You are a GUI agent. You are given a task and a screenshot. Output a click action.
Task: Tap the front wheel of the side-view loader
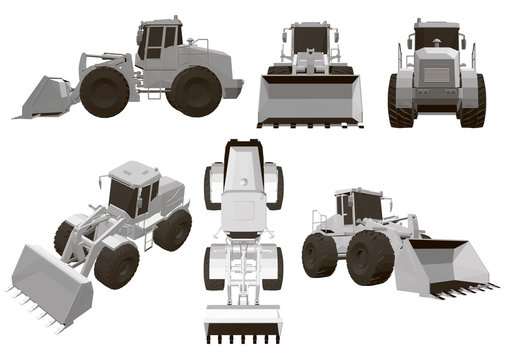105,91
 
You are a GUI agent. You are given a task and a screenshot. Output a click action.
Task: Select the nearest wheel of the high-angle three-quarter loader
118,266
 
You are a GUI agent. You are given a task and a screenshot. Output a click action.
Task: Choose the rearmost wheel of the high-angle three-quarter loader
173,229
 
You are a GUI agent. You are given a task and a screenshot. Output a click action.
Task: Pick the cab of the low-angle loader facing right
359,207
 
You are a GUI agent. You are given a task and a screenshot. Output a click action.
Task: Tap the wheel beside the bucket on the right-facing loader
369,259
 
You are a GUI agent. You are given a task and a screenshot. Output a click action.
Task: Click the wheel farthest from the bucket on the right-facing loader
320,254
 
